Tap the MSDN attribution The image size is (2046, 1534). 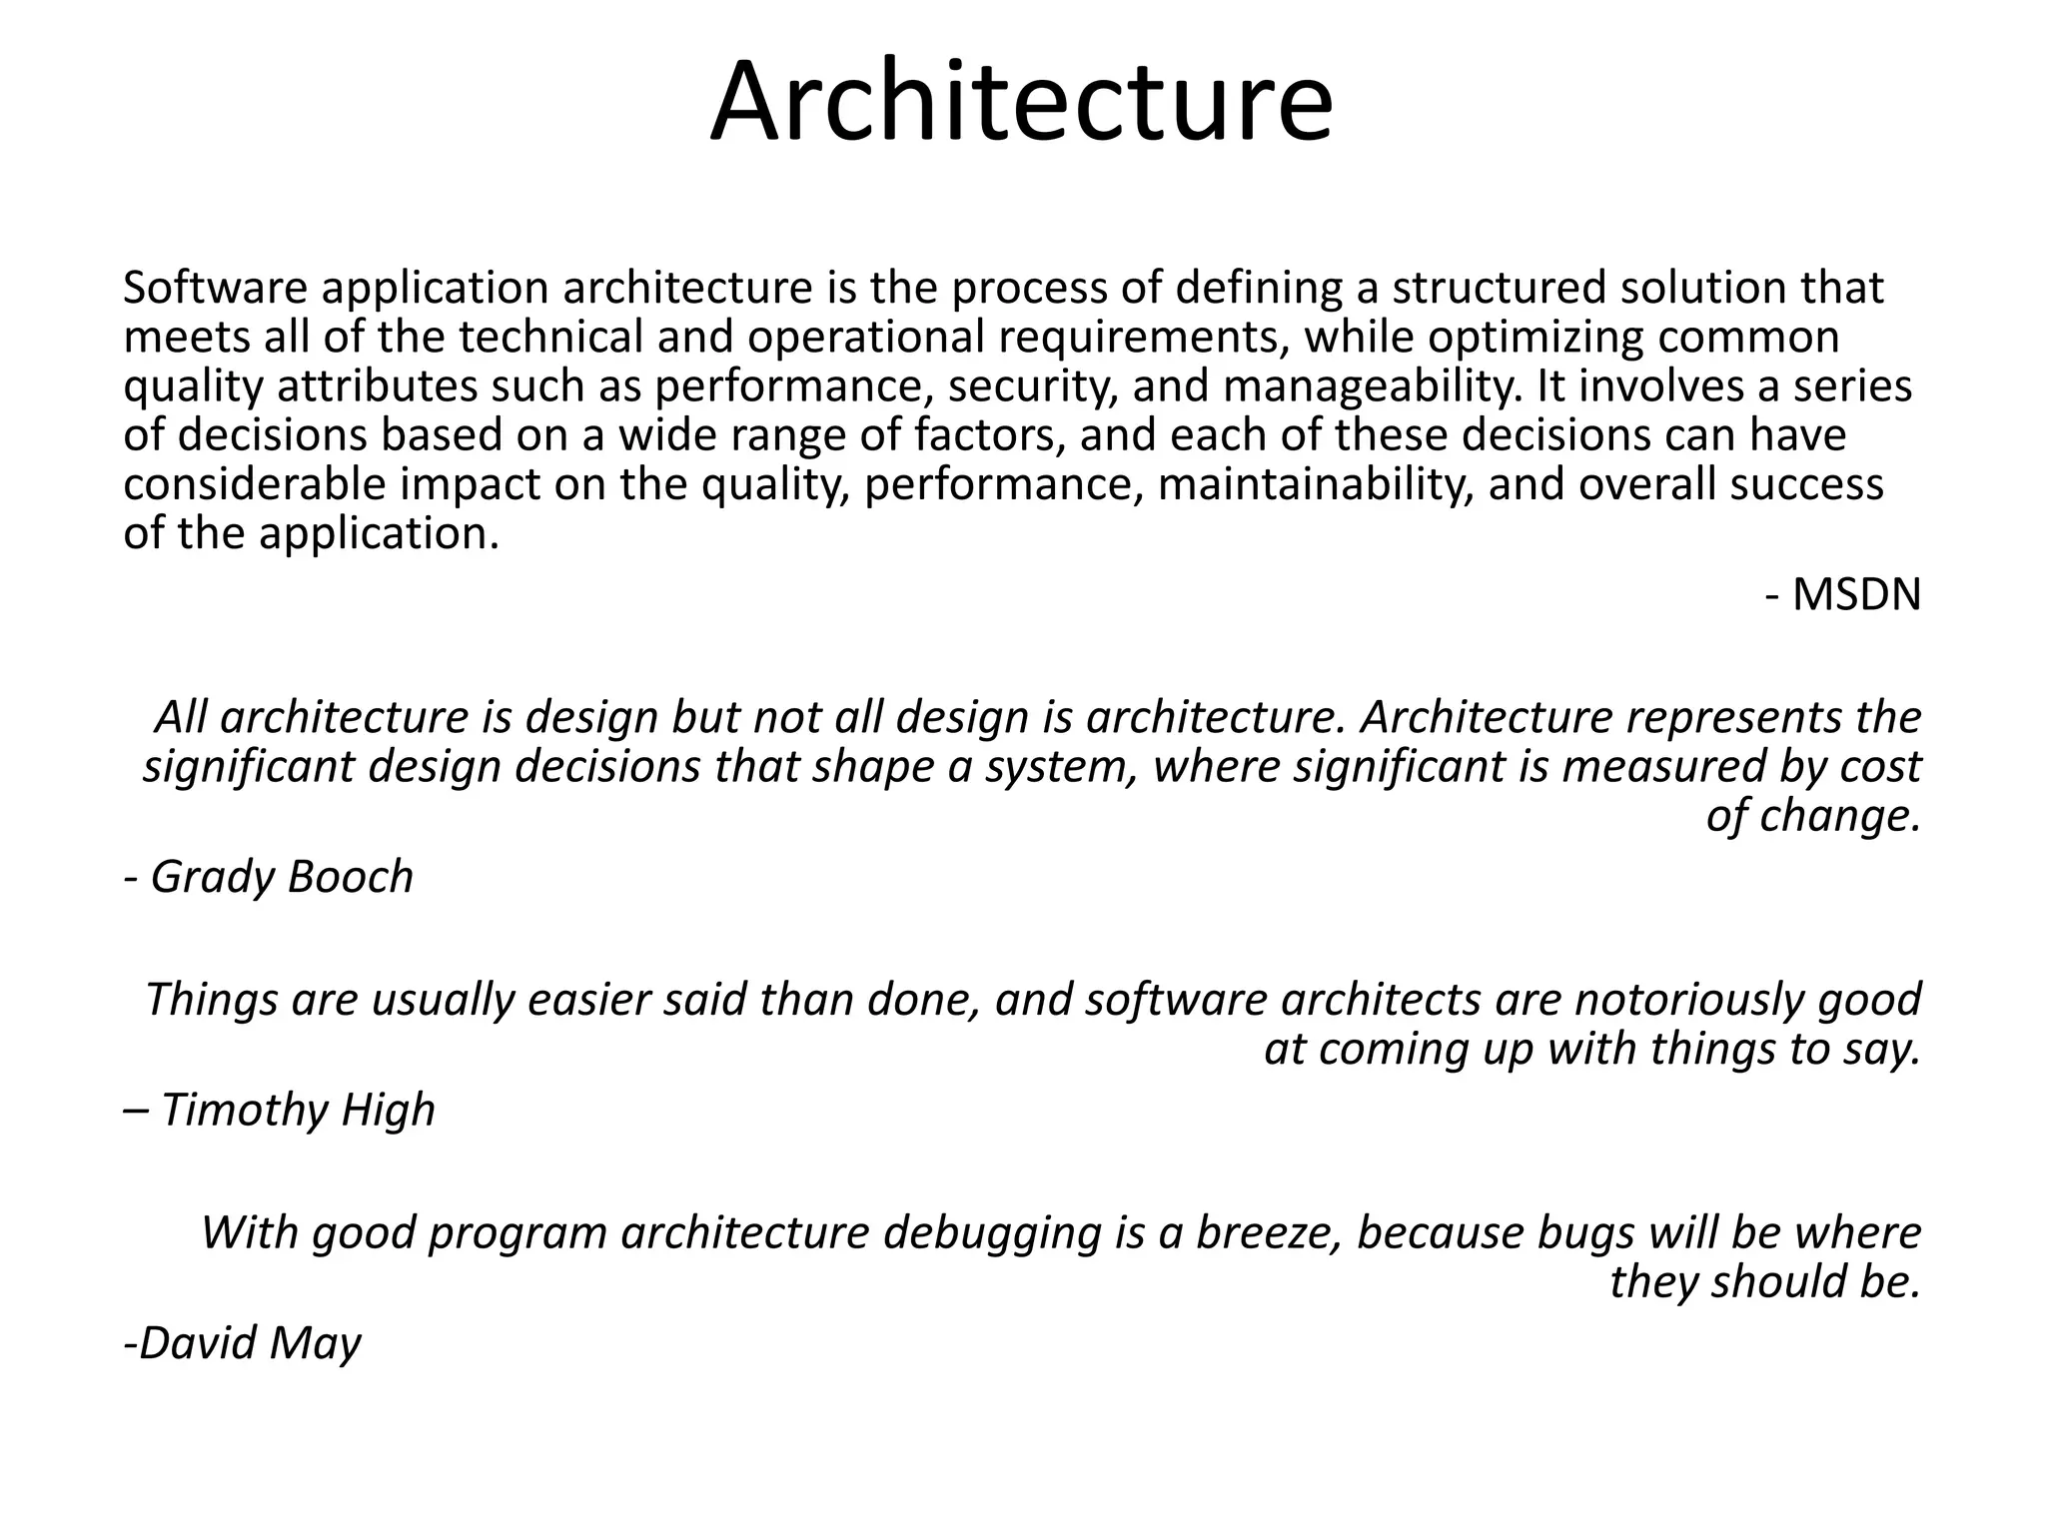point(1856,595)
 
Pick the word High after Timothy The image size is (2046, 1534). point(388,1110)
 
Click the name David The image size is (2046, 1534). point(189,1343)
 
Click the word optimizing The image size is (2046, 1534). point(1534,338)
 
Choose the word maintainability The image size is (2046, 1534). point(1315,485)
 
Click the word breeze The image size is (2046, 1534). point(1269,1233)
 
